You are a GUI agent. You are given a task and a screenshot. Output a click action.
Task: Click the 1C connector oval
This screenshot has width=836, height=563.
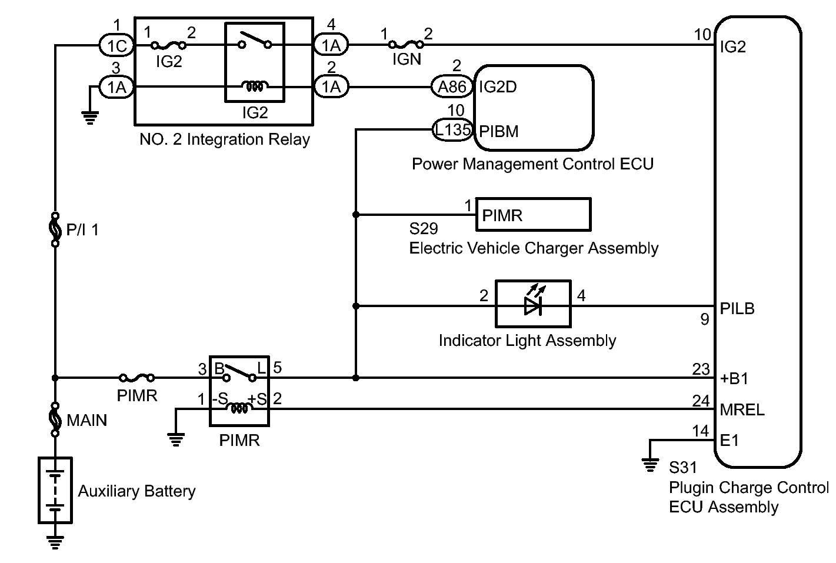click(x=116, y=45)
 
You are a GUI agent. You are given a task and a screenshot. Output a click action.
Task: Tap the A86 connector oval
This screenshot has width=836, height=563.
click(x=452, y=87)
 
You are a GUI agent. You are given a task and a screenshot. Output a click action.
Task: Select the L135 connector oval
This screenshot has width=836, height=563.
click(x=452, y=130)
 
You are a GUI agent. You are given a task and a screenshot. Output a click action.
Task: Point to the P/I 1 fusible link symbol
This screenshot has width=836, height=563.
click(x=55, y=229)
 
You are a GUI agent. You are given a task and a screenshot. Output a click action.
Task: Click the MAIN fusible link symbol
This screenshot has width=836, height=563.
click(x=55, y=419)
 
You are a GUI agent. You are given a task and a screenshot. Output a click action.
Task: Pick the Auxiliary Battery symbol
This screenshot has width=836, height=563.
click(x=55, y=490)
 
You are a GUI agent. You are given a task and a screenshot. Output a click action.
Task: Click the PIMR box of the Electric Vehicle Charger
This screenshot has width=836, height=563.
click(x=532, y=215)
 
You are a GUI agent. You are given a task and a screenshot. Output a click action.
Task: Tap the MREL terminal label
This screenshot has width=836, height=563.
click(x=742, y=409)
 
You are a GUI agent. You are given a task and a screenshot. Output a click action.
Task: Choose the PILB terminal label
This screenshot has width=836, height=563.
click(x=737, y=308)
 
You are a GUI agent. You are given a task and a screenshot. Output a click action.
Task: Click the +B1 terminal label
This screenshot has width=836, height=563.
click(x=734, y=379)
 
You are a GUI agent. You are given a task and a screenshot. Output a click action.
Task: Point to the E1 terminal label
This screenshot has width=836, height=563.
click(x=730, y=440)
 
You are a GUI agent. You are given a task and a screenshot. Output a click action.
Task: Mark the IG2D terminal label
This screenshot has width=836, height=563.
click(x=498, y=87)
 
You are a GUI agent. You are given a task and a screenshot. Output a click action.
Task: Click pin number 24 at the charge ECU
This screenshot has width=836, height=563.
click(x=701, y=401)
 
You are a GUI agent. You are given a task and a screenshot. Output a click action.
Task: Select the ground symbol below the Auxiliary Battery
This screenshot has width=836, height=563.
click(x=55, y=541)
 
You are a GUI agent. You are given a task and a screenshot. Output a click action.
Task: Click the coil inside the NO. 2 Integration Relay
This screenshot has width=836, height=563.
click(x=255, y=87)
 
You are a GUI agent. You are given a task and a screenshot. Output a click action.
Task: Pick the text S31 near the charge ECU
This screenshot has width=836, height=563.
click(x=682, y=468)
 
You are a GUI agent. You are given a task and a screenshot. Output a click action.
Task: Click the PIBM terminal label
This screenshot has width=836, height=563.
click(x=499, y=131)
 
